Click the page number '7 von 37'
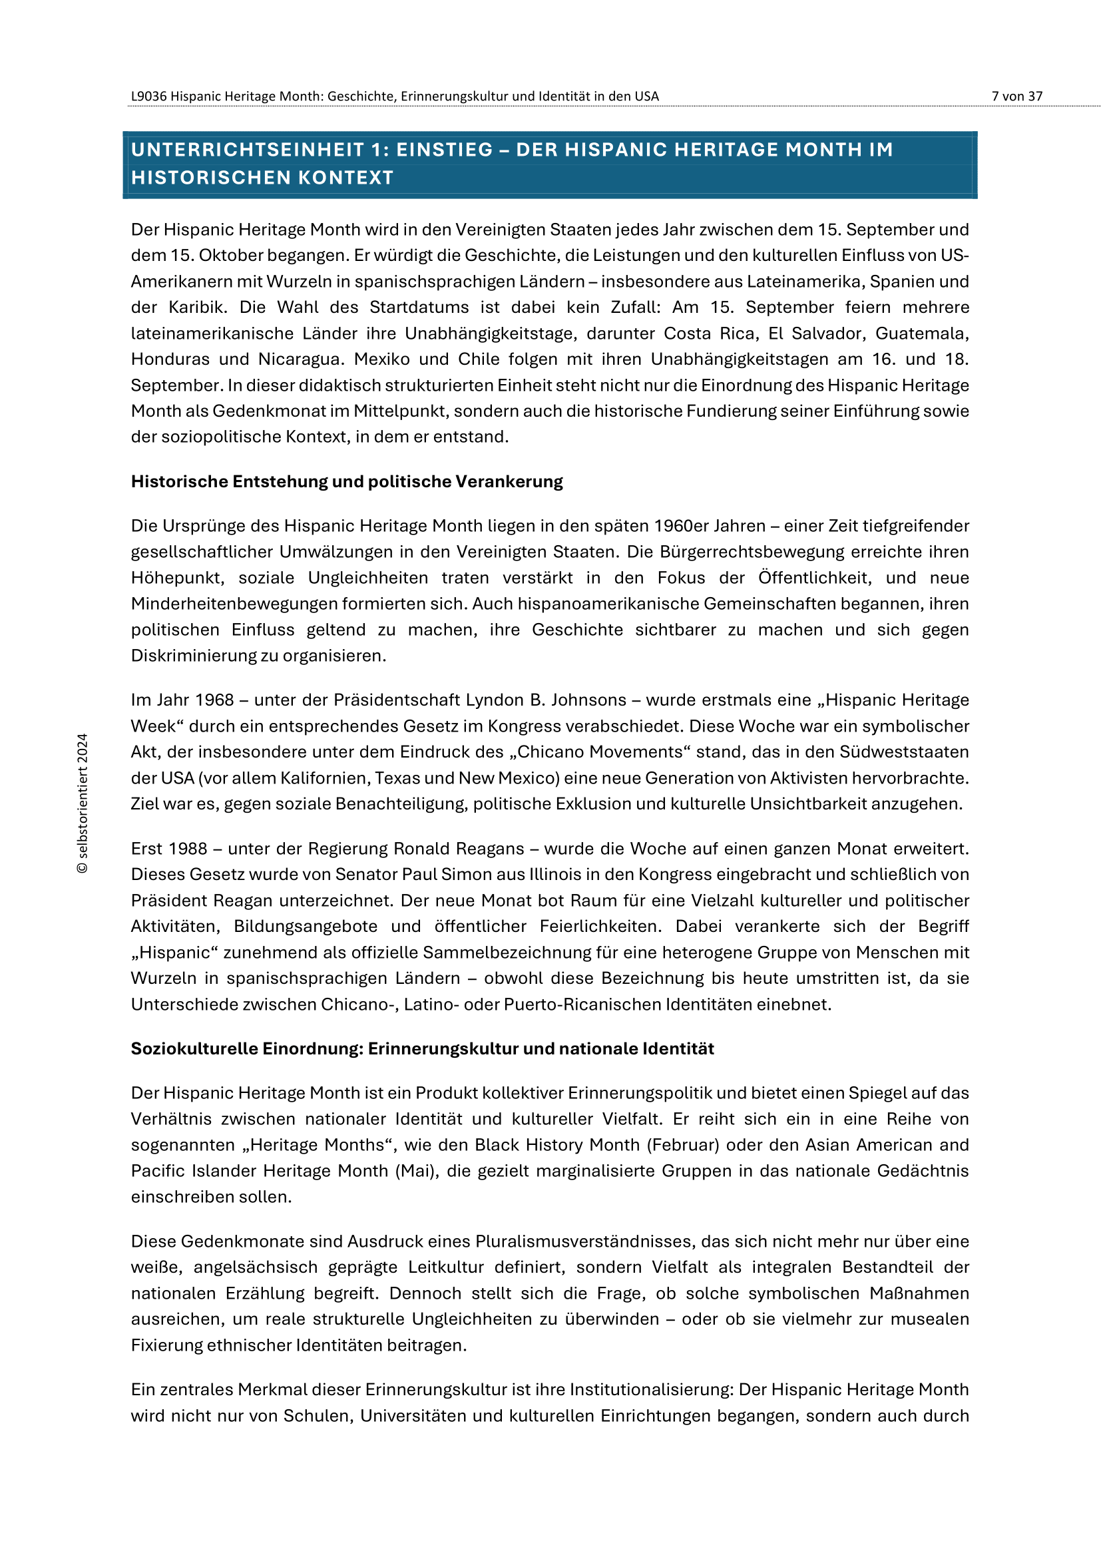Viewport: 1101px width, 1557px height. (1016, 97)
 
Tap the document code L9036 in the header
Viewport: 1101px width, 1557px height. (148, 97)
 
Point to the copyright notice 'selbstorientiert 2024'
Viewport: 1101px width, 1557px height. (83, 803)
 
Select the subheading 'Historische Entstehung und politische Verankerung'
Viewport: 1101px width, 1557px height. (346, 481)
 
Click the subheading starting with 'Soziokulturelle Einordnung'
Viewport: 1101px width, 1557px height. (421, 1048)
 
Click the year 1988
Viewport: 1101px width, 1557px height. (188, 849)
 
